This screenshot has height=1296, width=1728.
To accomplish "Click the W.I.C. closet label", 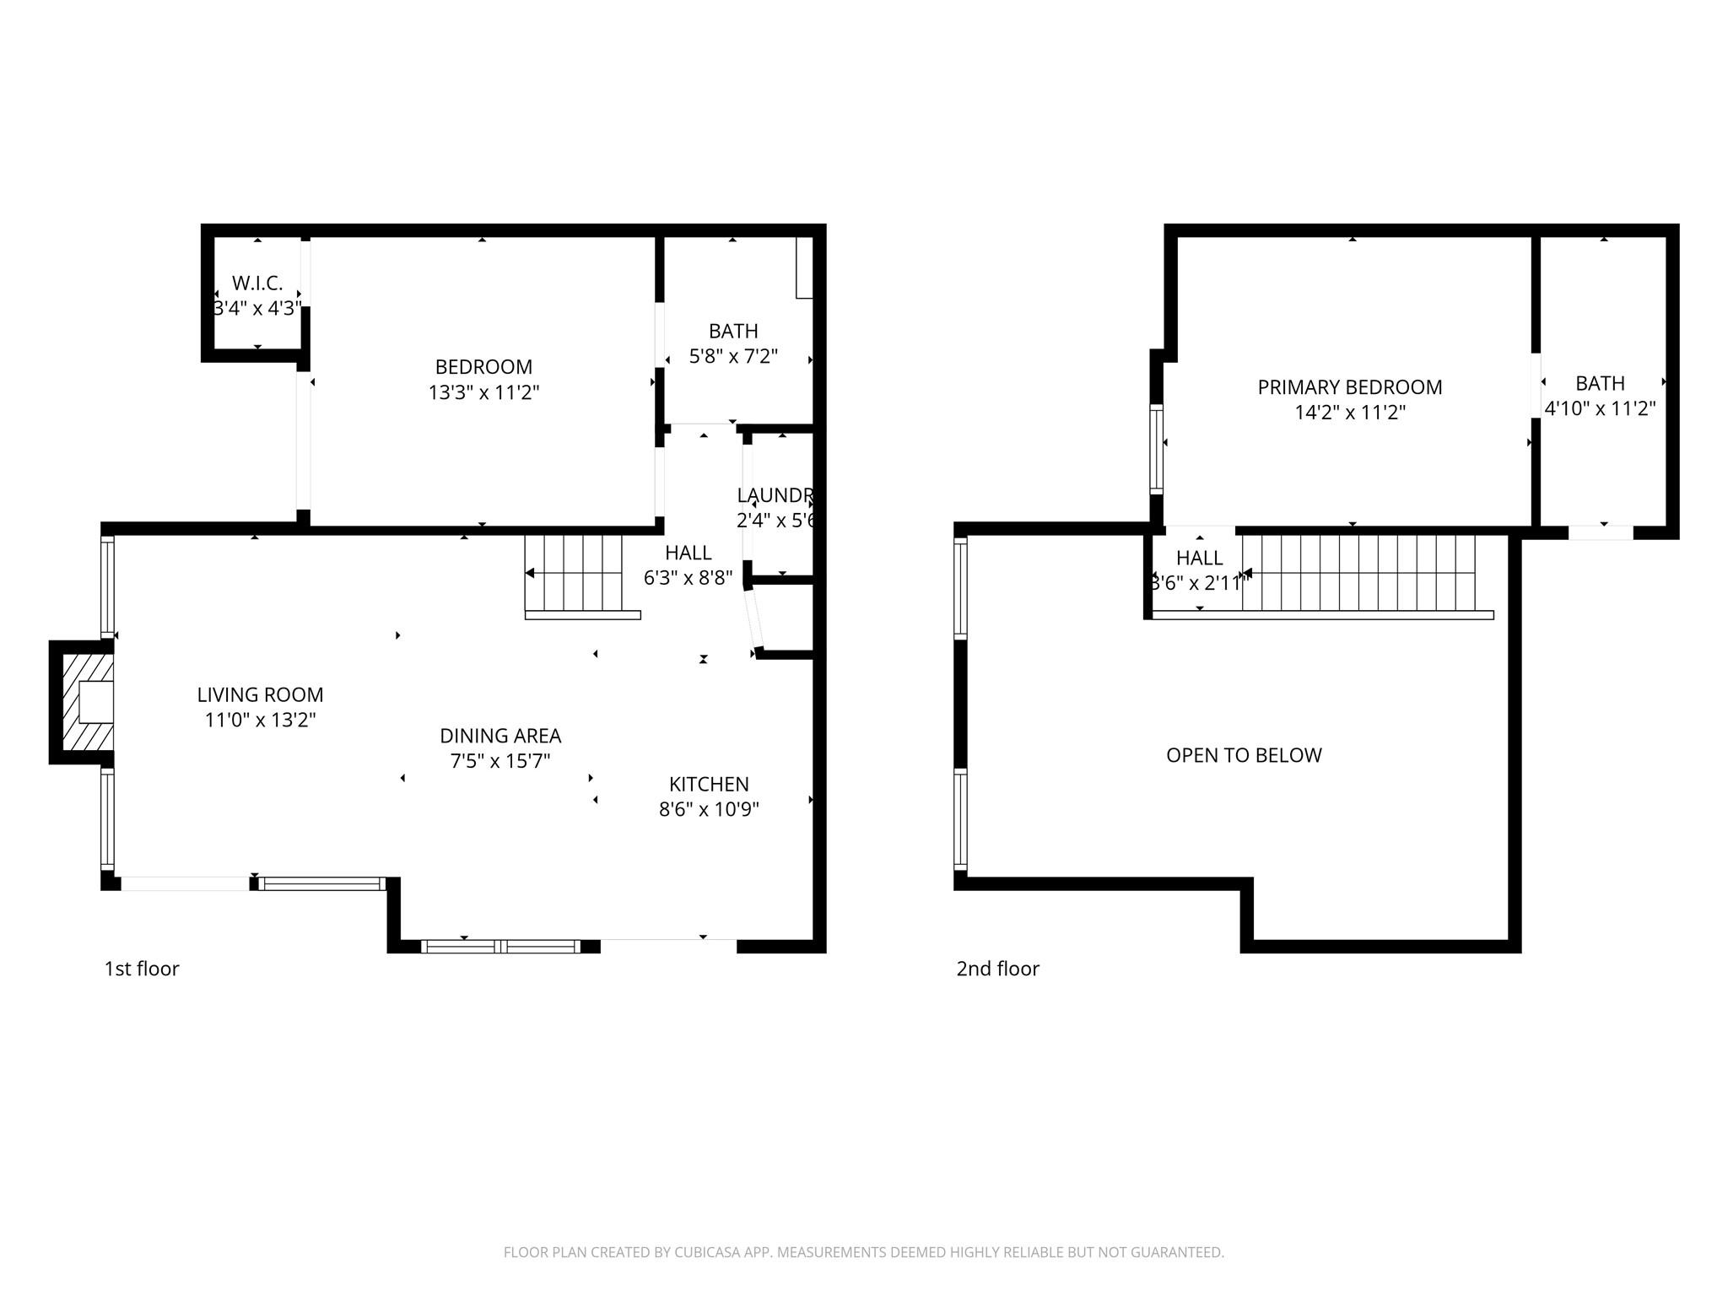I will pos(257,283).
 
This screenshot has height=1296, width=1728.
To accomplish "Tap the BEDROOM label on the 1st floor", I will pos(483,367).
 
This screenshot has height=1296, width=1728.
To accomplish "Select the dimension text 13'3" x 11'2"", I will pos(483,392).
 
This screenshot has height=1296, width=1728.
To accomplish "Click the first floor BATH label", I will pos(733,332).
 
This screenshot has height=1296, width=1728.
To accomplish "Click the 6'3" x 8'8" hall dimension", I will pos(688,578).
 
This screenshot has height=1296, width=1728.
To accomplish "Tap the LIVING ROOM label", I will pos(260,694).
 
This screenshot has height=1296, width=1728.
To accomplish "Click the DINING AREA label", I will pos(500,736).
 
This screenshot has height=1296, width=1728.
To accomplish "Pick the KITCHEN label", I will pos(709,784).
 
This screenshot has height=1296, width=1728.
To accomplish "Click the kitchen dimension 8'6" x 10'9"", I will pos(709,809).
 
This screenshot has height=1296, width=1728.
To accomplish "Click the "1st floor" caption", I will pos(142,969).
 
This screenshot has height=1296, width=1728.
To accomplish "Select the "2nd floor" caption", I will pos(997,969).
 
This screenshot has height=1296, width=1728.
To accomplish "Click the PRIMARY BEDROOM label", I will pos(1350,387).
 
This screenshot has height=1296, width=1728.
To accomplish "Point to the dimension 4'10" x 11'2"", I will pos(1600,408).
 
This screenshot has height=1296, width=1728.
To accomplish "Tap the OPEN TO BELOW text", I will pos(1244,755).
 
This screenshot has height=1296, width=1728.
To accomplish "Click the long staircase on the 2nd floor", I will pos(1358,573).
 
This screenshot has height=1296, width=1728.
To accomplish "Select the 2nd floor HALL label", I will pos(1199,558).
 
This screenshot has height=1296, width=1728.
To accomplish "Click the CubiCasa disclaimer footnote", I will pos(863,1253).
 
